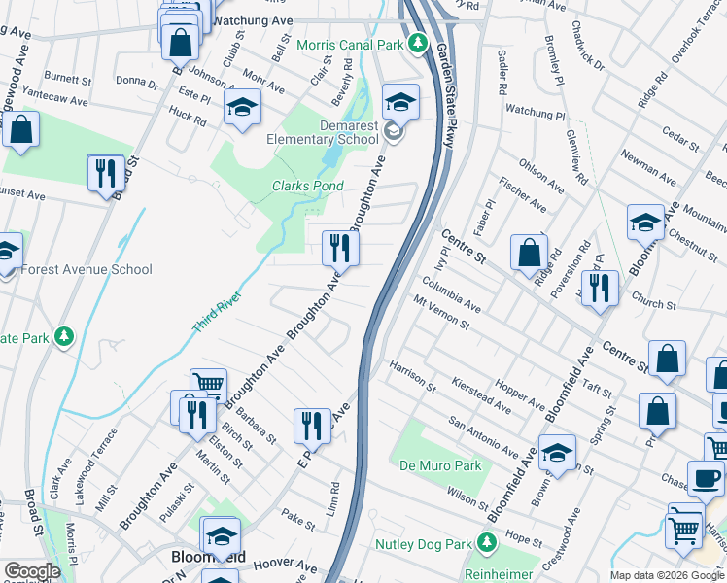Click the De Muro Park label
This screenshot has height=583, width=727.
pos(440,465)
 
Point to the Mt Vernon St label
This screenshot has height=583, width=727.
pos(441,313)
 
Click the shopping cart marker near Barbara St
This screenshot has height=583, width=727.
pos(208,384)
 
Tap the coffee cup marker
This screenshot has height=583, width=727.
pos(705,477)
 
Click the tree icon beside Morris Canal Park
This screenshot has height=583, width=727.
pos(417,43)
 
